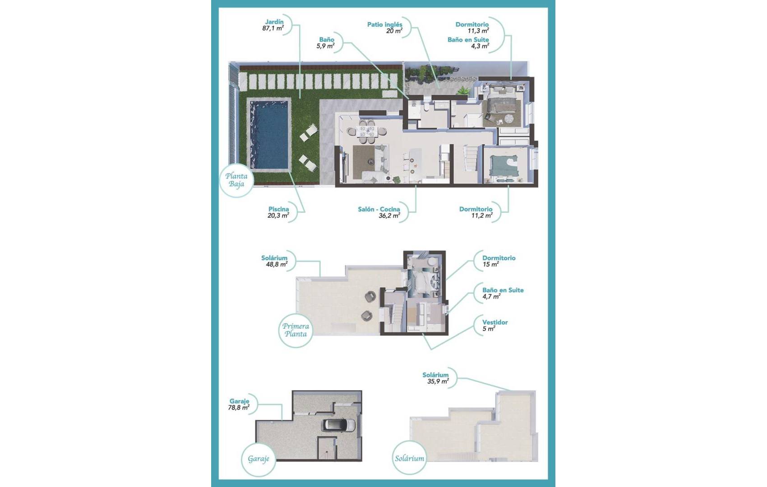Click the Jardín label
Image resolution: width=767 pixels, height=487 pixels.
click(274, 22)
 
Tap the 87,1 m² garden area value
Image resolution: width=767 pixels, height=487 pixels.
click(273, 28)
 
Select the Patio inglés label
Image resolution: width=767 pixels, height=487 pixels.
click(384, 24)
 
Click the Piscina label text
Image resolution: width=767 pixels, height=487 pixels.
click(278, 209)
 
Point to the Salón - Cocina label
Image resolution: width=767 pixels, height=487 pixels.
click(379, 209)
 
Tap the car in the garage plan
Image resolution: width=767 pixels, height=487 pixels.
click(338, 425)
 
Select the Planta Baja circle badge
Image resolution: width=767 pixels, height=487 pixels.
click(236, 180)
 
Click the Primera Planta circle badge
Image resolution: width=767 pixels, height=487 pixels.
click(296, 330)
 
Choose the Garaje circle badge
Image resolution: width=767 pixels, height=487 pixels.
click(259, 459)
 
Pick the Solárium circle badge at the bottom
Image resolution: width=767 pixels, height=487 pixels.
click(409, 459)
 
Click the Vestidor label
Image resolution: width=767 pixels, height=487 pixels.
click(495, 322)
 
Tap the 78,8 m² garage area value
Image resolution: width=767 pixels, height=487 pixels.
click(239, 408)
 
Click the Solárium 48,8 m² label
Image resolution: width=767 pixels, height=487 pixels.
click(274, 261)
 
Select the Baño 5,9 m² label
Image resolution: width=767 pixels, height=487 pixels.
click(326, 43)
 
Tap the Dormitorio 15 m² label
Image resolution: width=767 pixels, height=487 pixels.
click(499, 261)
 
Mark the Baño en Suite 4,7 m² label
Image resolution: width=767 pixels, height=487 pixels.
click(503, 293)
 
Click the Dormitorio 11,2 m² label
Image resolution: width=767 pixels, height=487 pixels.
click(476, 212)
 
